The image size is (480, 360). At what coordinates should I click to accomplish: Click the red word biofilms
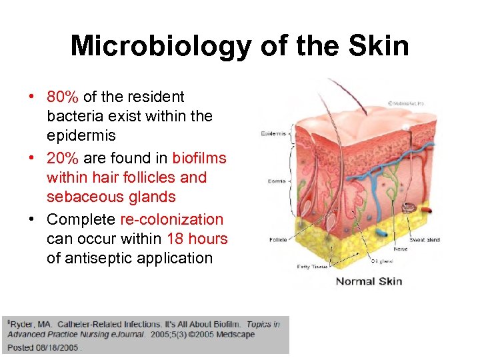point(199,159)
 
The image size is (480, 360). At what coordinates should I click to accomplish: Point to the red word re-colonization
point(172,220)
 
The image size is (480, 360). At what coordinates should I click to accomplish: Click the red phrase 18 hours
point(197,239)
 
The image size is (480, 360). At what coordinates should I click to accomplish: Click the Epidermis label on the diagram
point(274,133)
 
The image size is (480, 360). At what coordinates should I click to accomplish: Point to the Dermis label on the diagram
point(277,181)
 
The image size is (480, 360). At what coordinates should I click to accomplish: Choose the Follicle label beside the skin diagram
point(278,240)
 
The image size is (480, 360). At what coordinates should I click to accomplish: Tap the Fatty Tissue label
point(312,267)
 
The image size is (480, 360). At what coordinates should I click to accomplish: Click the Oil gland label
point(383,261)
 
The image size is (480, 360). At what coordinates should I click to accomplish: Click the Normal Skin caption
point(369,281)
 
